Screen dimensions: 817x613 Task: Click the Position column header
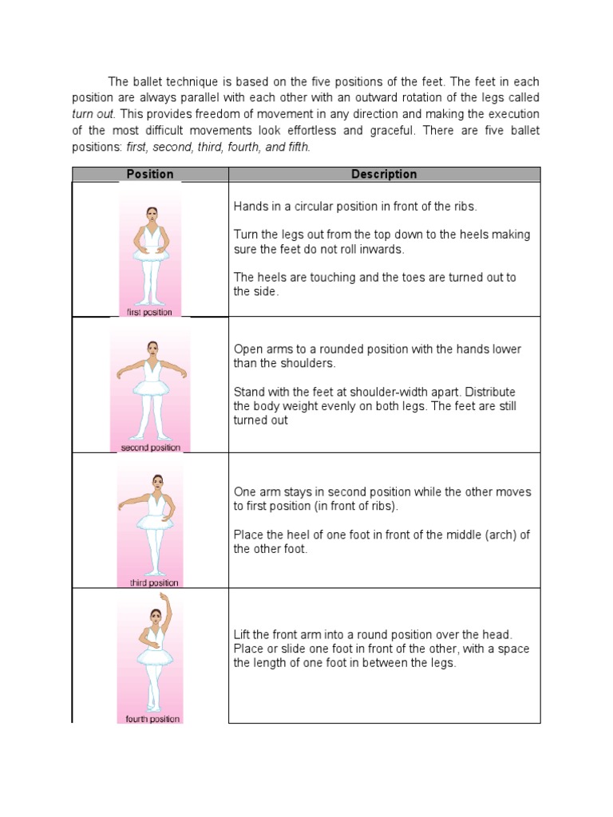coord(150,174)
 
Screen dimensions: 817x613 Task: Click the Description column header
coord(384,174)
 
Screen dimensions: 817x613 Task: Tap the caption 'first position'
coord(149,312)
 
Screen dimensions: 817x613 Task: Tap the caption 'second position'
coord(150,448)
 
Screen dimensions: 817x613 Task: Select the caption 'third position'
coord(154,582)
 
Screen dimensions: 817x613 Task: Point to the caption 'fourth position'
coord(153,719)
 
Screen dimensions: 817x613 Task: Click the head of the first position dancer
coord(150,215)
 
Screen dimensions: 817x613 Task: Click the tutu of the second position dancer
coord(151,388)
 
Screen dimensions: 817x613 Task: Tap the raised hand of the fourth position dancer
coord(164,596)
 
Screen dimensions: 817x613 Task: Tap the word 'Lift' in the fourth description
coord(243,634)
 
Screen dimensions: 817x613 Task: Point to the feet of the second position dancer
coord(151,436)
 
